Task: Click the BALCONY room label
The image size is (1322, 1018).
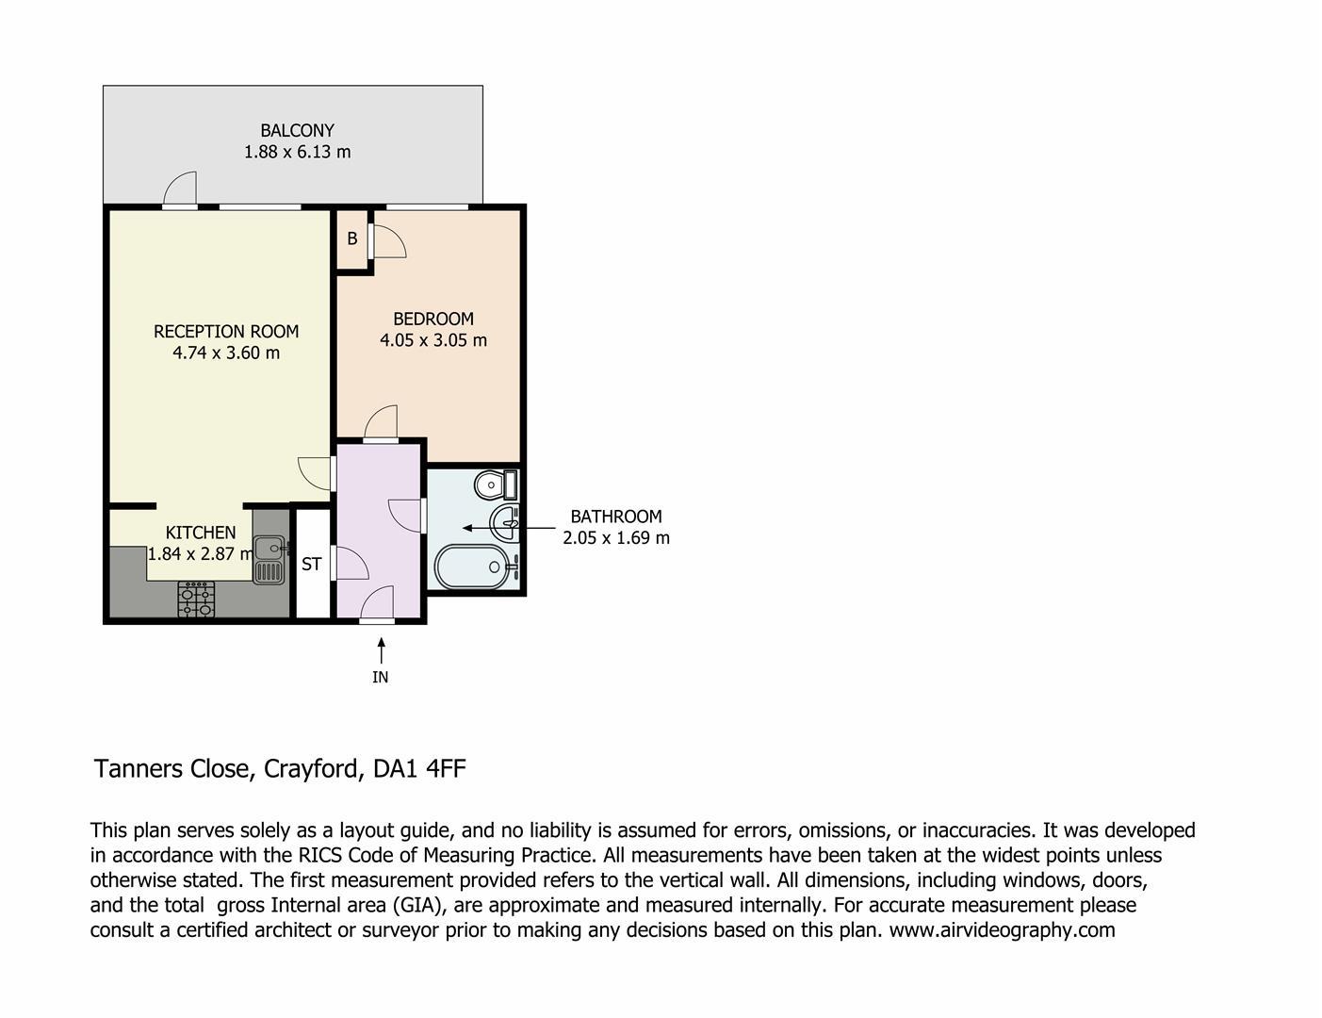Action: [x=299, y=131]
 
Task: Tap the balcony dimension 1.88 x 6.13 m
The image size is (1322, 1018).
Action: [x=299, y=152]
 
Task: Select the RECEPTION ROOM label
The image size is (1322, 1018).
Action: [x=227, y=333]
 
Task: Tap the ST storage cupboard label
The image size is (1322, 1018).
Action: [x=313, y=566]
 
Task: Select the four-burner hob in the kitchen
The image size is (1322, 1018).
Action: [x=197, y=600]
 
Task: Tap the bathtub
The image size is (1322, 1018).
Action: [x=473, y=568]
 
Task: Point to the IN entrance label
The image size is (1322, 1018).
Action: [x=382, y=679]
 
